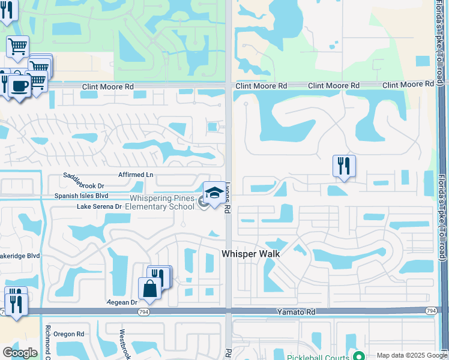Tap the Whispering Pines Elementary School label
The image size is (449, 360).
coord(159,202)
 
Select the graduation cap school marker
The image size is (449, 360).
coord(214,193)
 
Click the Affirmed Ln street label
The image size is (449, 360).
coord(136,175)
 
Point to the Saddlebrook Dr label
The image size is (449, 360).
coord(84,185)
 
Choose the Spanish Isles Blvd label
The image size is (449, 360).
coord(81,196)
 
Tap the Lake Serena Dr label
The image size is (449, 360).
coord(99,206)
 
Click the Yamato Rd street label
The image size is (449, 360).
coord(296,312)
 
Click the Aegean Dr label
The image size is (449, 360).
coord(122,302)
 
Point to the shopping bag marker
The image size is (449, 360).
coord(149,288)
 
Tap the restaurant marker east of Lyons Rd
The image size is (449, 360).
coord(344,166)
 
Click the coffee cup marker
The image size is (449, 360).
coord(19,85)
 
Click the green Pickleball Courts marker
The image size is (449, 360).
coord(358,356)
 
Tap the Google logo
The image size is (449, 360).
coord(20,353)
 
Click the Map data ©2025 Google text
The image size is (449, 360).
coord(411,355)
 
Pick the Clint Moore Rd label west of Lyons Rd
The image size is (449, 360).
coord(107,87)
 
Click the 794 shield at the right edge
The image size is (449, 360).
coord(431,310)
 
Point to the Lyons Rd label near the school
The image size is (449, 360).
coord(228,198)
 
